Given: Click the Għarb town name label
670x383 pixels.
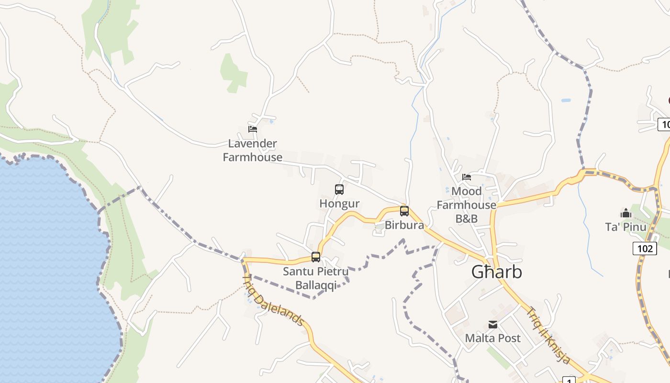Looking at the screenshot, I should (496, 272).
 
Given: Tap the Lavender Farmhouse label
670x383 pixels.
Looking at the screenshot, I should (253, 150).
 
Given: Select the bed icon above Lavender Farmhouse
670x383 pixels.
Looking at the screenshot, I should (253, 129).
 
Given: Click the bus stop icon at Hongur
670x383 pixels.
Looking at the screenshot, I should (339, 190).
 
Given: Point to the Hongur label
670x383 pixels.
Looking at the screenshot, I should (339, 204).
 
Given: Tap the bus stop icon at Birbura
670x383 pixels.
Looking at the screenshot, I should (404, 211).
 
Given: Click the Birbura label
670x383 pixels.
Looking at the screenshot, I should (404, 225).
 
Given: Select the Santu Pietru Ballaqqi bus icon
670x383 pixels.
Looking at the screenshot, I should (316, 257).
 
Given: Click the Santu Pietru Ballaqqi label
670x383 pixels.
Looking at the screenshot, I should (316, 279).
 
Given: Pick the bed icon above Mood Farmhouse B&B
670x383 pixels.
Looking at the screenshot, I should (467, 177).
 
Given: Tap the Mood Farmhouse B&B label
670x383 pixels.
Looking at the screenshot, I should (467, 205).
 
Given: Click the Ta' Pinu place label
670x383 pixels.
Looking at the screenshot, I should (625, 227).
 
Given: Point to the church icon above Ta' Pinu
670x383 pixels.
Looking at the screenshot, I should (625, 213).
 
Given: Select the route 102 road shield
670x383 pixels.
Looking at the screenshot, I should (644, 248).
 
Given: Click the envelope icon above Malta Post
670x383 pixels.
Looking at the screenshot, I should (493, 325).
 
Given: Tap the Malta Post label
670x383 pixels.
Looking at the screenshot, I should (493, 338).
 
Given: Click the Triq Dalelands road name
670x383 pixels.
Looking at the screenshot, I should (273, 300).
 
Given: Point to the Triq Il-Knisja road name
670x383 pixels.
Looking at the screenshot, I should (548, 335).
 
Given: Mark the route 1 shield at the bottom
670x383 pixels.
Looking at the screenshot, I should (569, 380).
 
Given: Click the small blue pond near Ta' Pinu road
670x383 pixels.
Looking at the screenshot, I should (566, 101).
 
